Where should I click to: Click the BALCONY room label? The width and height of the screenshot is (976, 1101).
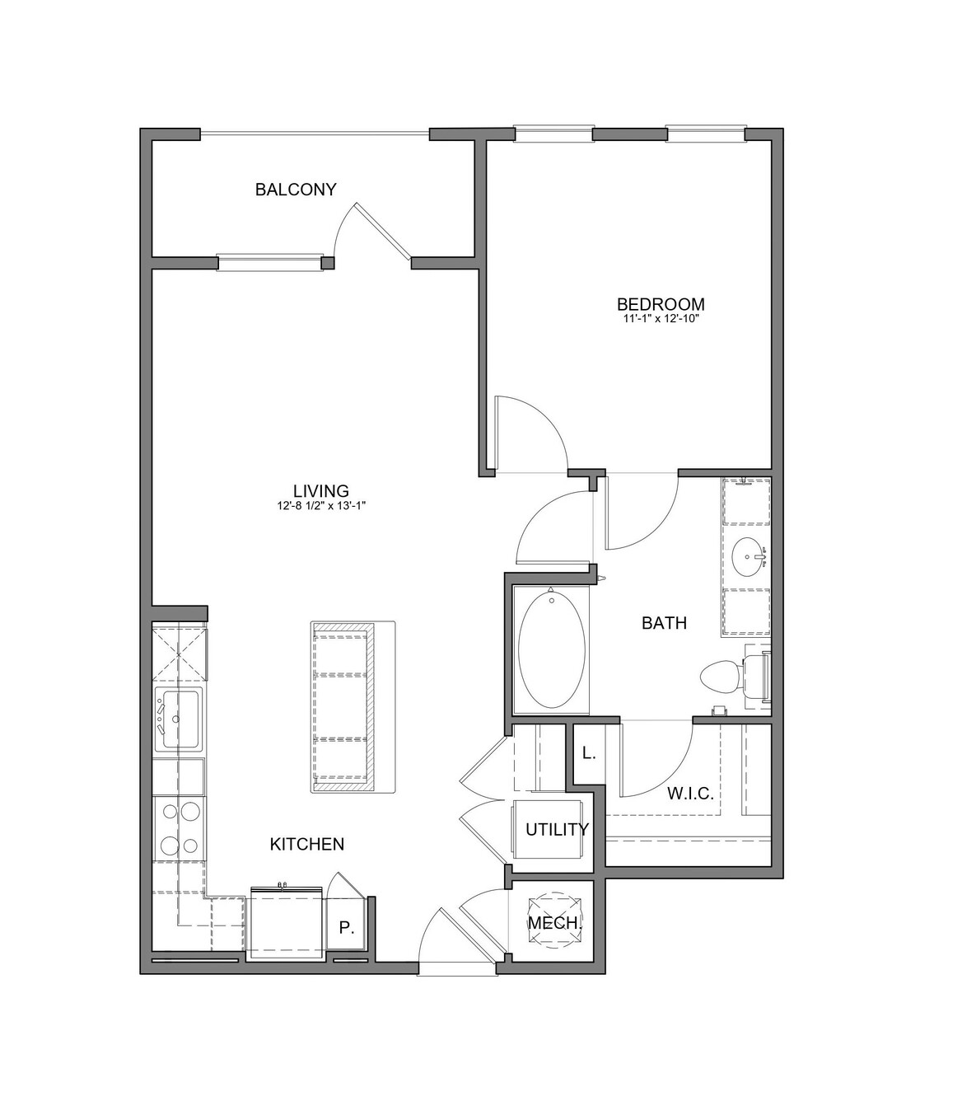(296, 189)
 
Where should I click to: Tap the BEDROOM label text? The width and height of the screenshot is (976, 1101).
(661, 304)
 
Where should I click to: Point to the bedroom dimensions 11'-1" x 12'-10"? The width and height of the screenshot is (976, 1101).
(661, 319)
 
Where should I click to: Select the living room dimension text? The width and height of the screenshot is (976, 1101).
(321, 506)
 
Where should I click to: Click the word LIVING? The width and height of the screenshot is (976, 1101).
(321, 490)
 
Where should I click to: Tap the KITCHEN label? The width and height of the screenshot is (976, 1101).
(307, 844)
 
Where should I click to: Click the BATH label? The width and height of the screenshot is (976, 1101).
(664, 623)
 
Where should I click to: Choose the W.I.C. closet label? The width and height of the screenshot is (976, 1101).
(690, 794)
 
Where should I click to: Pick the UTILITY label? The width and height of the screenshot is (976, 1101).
(558, 829)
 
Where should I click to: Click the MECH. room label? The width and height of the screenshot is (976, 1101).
(555, 923)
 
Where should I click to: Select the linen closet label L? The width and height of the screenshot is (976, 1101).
(589, 753)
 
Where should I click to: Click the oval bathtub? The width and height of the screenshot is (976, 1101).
(552, 650)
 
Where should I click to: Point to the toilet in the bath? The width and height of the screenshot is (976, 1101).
(736, 677)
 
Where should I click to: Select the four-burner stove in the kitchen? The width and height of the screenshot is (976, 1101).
(180, 829)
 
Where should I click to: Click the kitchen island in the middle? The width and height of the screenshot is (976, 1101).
(353, 707)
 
